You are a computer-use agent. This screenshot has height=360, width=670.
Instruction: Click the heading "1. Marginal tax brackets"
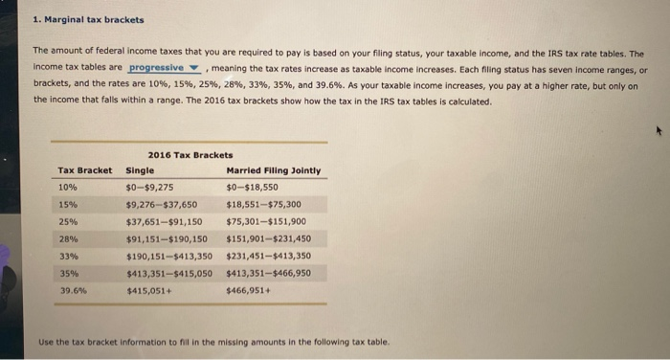click(x=88, y=19)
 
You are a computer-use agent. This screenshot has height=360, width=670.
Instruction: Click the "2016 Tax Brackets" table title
click(x=190, y=154)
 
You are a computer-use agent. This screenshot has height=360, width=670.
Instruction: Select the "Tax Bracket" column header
click(x=84, y=170)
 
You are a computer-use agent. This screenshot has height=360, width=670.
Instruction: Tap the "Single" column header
click(x=139, y=170)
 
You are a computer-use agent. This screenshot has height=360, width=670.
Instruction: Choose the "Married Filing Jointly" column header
click(x=273, y=170)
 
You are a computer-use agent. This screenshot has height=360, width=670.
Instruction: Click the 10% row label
click(x=68, y=188)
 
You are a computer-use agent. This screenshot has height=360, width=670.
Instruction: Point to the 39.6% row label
click(x=72, y=288)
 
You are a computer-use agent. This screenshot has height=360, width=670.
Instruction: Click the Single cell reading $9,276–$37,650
click(x=161, y=204)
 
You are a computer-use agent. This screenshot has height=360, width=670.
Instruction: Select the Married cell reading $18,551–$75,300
click(x=264, y=204)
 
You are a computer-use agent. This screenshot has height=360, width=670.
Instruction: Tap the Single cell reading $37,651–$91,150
click(x=164, y=221)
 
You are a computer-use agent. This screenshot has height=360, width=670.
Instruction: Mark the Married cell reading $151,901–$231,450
click(x=269, y=238)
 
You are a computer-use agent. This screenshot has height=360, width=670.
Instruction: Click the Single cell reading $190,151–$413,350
click(x=167, y=256)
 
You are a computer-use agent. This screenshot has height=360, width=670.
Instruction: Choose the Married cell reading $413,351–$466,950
click(x=269, y=272)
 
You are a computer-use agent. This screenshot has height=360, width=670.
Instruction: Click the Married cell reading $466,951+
click(x=246, y=289)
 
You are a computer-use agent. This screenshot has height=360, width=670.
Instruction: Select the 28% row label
click(x=68, y=238)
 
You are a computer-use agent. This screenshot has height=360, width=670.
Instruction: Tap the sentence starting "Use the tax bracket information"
click(x=214, y=342)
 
